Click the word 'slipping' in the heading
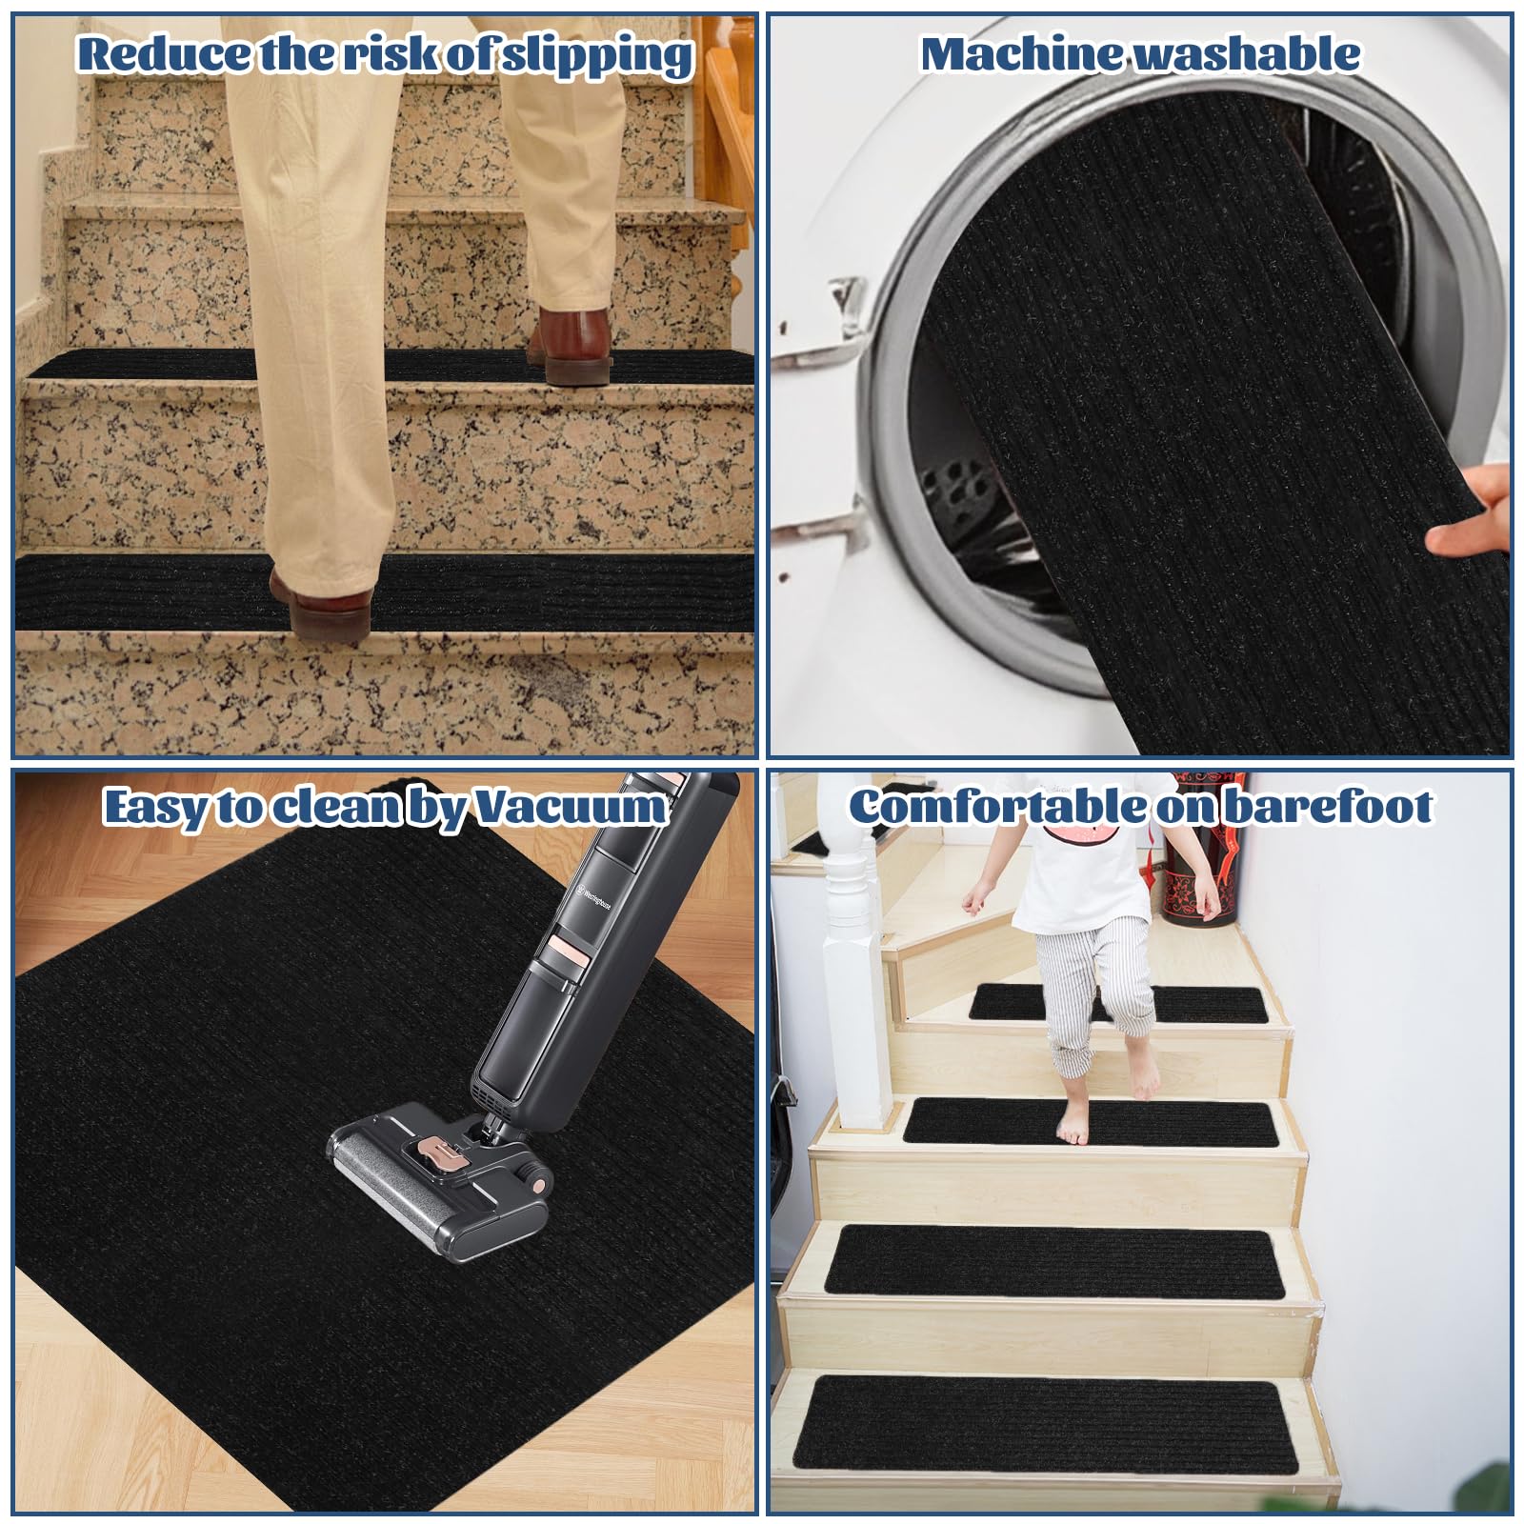coord(597,55)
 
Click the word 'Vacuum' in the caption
coord(571,808)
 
